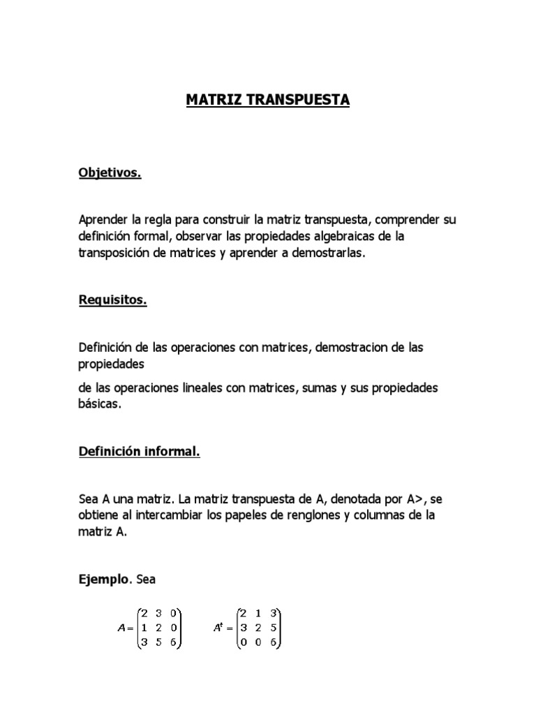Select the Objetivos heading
coord(110,173)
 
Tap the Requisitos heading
coord(112,301)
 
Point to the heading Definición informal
coord(140,452)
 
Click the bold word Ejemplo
coord(104,579)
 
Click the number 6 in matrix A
coord(172,642)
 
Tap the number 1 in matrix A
coord(142,627)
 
